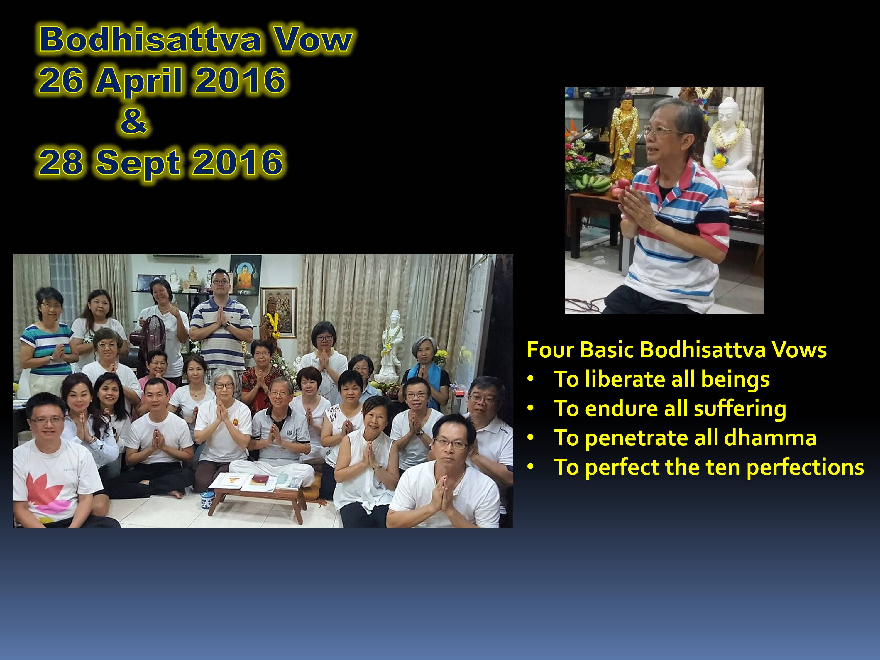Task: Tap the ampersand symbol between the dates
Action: (134, 121)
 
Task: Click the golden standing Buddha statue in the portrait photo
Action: (623, 137)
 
